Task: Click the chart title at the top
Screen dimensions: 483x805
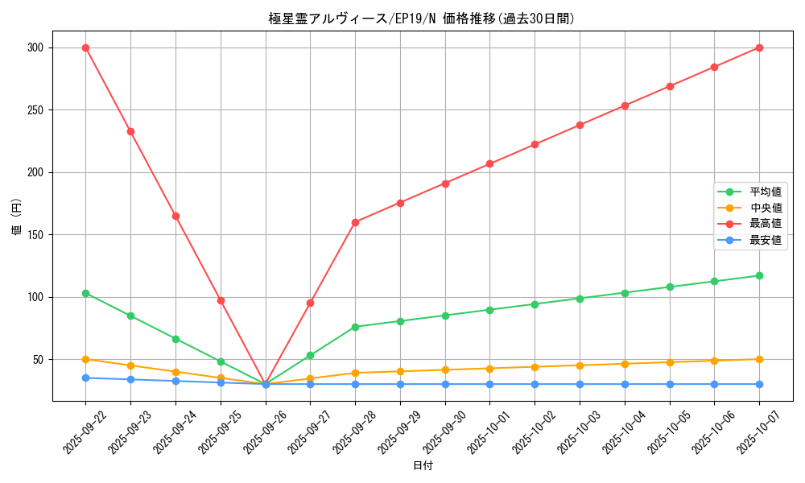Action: [422, 19]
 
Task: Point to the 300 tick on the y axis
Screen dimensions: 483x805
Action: [37, 47]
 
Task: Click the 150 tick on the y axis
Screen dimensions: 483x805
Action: [37, 235]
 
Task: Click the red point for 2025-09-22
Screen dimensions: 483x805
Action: [85, 47]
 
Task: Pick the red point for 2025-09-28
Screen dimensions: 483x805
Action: [355, 222]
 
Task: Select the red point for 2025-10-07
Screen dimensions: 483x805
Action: [759, 47]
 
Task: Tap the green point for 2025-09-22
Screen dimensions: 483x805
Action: [85, 293]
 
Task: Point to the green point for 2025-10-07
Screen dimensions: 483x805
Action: [759, 275]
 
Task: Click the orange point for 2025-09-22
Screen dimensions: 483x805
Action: [85, 359]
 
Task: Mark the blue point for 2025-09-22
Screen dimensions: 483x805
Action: [85, 378]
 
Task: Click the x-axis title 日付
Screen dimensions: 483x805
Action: [423, 466]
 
